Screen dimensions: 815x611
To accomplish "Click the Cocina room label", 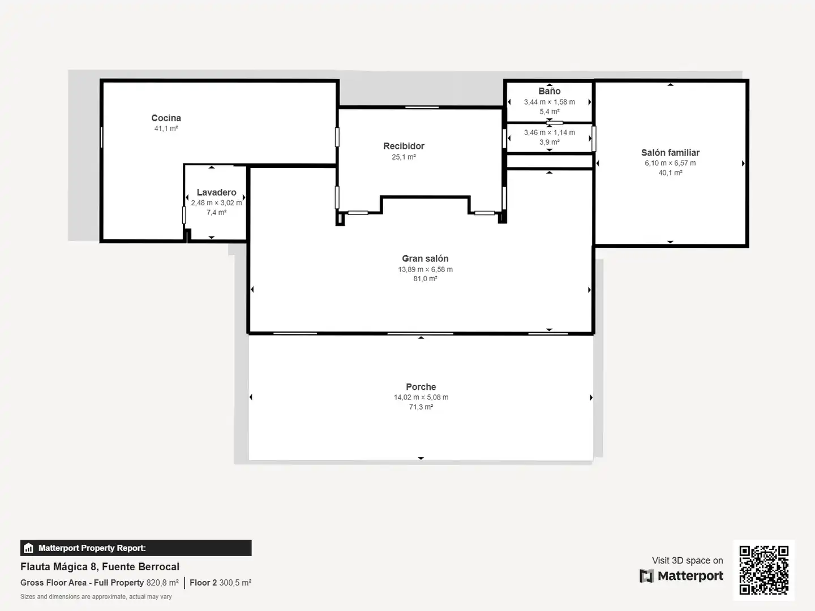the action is [166, 118].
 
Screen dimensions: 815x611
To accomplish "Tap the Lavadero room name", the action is [216, 192].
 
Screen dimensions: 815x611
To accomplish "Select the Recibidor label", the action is [404, 146].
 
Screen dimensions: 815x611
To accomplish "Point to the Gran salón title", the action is [425, 259].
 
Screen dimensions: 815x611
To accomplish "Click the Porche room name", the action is [421, 387].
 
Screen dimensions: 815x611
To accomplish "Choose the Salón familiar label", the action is [670, 153].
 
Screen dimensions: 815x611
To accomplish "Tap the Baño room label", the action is [550, 91].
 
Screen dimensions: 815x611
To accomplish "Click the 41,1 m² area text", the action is [166, 128].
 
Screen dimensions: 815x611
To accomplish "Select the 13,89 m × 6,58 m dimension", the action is [425, 269].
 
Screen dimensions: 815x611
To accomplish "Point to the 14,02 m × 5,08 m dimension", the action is [421, 397].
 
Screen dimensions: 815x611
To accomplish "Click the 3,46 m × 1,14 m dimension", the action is [550, 132].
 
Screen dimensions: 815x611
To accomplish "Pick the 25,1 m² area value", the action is [404, 157].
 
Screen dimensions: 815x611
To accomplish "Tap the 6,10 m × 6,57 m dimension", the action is [670, 163].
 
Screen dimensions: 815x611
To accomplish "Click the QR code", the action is [763, 570].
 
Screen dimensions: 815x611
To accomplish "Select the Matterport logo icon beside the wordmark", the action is [646, 576].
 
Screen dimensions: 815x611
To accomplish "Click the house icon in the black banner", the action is [29, 548].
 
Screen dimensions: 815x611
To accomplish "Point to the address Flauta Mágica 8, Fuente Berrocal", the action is [100, 567].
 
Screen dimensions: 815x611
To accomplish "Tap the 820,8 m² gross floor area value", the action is [162, 583].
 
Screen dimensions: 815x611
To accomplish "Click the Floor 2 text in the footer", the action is [203, 583].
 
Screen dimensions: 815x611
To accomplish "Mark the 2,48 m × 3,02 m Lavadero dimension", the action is [216, 203].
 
